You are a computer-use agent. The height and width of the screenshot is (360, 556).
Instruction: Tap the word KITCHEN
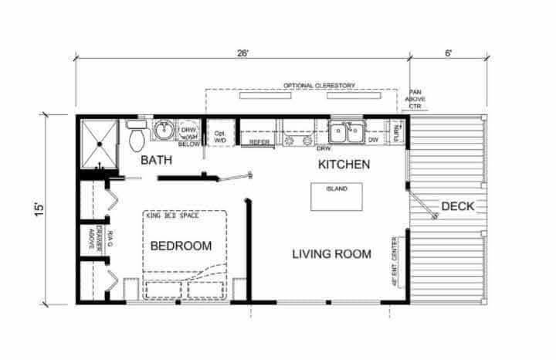coord(344,165)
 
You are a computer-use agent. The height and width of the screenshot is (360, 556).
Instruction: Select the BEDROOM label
coord(181,246)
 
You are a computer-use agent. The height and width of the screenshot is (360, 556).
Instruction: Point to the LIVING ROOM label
coord(331,253)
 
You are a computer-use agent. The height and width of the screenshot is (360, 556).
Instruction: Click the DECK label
coord(457,206)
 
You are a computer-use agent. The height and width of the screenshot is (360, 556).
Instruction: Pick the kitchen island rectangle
coord(337,196)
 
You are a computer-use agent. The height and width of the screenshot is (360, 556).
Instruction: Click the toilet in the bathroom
coord(137,138)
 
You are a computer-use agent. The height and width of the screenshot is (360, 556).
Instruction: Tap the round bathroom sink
coord(163,131)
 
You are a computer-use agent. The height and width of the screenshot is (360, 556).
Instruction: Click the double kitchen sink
coord(346,131)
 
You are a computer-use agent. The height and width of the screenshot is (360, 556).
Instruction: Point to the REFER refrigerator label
coord(259,142)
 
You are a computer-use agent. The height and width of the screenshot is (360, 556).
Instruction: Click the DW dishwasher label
coord(373,140)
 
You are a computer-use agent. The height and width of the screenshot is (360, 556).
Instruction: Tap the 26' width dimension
coord(244,54)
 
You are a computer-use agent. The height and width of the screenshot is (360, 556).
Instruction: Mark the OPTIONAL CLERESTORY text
coord(308,85)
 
